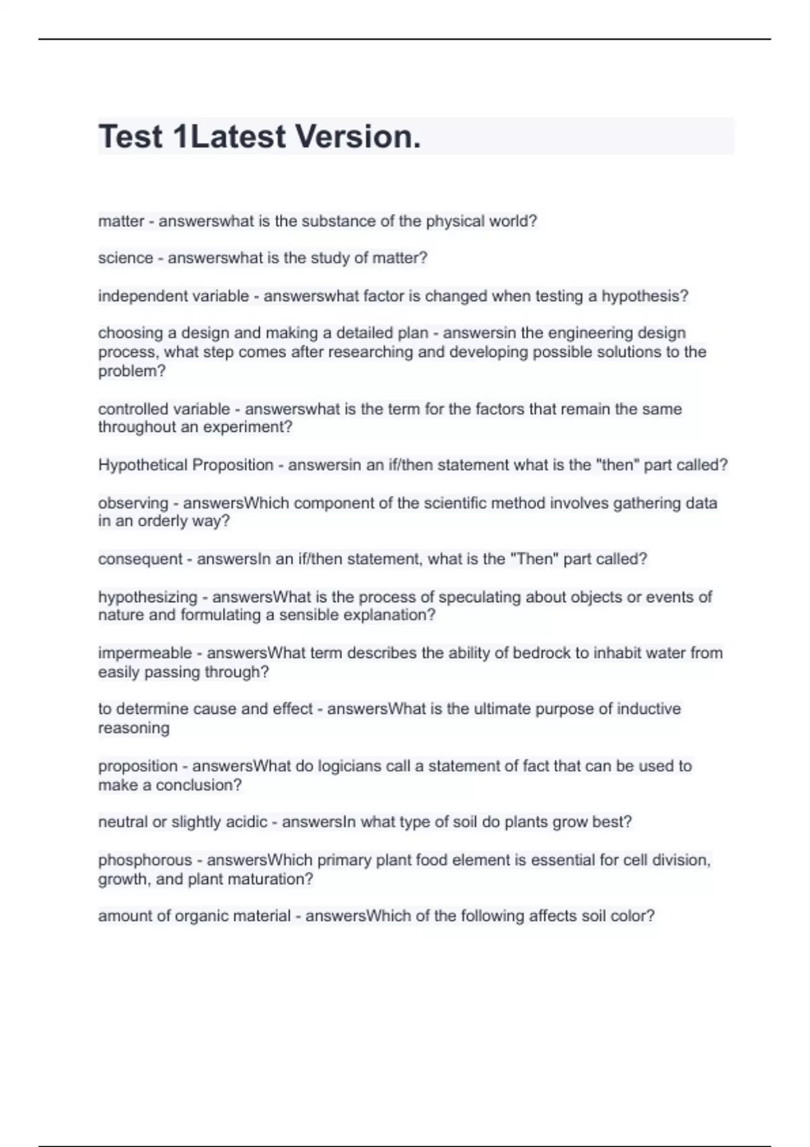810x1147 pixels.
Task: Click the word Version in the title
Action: click(358, 137)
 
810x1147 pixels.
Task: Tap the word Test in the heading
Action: click(131, 137)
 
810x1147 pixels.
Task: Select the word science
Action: click(126, 258)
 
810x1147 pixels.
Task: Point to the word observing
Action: click(133, 503)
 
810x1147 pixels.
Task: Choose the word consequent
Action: click(140, 559)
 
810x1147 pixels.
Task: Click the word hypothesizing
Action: click(148, 597)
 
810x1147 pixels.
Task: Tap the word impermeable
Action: click(145, 653)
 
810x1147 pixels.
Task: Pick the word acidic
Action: click(246, 822)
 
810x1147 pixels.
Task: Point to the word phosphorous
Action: click(145, 860)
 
